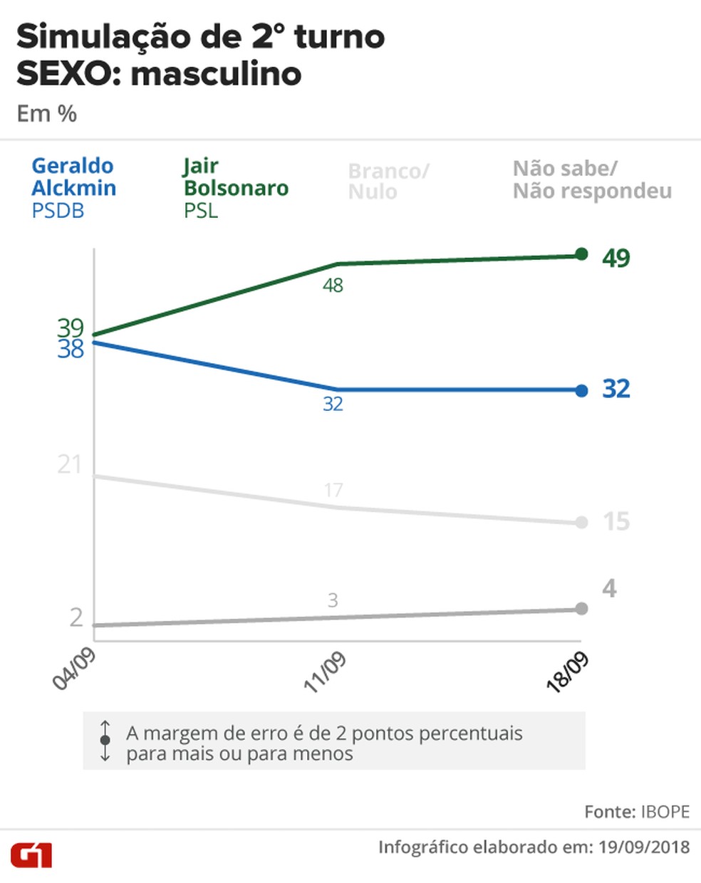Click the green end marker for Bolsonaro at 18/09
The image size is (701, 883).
[581, 254]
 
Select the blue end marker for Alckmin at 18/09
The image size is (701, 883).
[581, 390]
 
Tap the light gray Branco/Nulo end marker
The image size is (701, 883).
[581, 523]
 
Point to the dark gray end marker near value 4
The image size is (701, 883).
[581, 609]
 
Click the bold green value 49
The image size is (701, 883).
[616, 257]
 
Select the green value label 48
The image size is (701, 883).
[333, 286]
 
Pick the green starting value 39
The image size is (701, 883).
[71, 328]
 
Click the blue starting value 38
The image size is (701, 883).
[71, 349]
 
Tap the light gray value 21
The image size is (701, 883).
[70, 465]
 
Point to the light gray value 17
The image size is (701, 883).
[333, 490]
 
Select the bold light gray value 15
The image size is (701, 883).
[616, 522]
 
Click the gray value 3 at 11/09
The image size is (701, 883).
[333, 600]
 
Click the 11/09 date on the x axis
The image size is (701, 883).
[325, 672]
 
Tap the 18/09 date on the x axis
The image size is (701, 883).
[568, 672]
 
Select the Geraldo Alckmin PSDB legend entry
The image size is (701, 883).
[73, 188]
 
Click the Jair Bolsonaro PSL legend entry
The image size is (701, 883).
[236, 188]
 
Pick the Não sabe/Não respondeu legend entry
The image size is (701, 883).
[592, 179]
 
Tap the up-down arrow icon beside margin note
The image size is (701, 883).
[105, 741]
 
